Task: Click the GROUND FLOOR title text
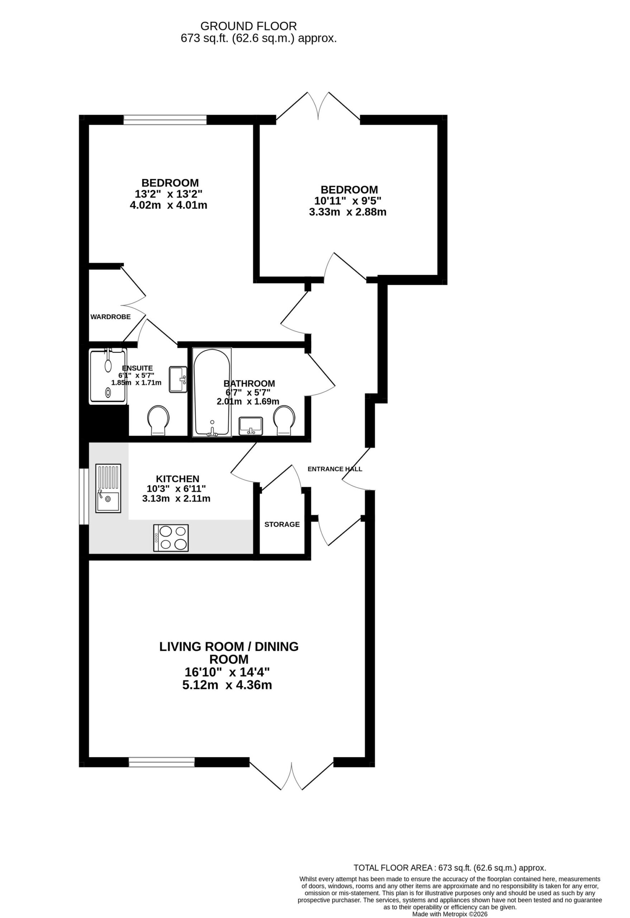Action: pos(248,26)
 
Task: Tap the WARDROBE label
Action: pos(110,317)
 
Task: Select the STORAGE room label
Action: pos(282,524)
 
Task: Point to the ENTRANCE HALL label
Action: pos(335,469)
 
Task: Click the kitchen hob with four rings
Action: pos(171,538)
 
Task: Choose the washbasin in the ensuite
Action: pos(178,380)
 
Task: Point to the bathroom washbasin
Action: pos(251,426)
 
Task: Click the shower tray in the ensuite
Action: pos(108,376)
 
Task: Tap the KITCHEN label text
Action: pos(178,479)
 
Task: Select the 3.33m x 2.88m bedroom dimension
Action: pos(347,212)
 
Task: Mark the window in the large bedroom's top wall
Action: pos(165,120)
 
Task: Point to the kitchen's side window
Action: pos(84,497)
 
